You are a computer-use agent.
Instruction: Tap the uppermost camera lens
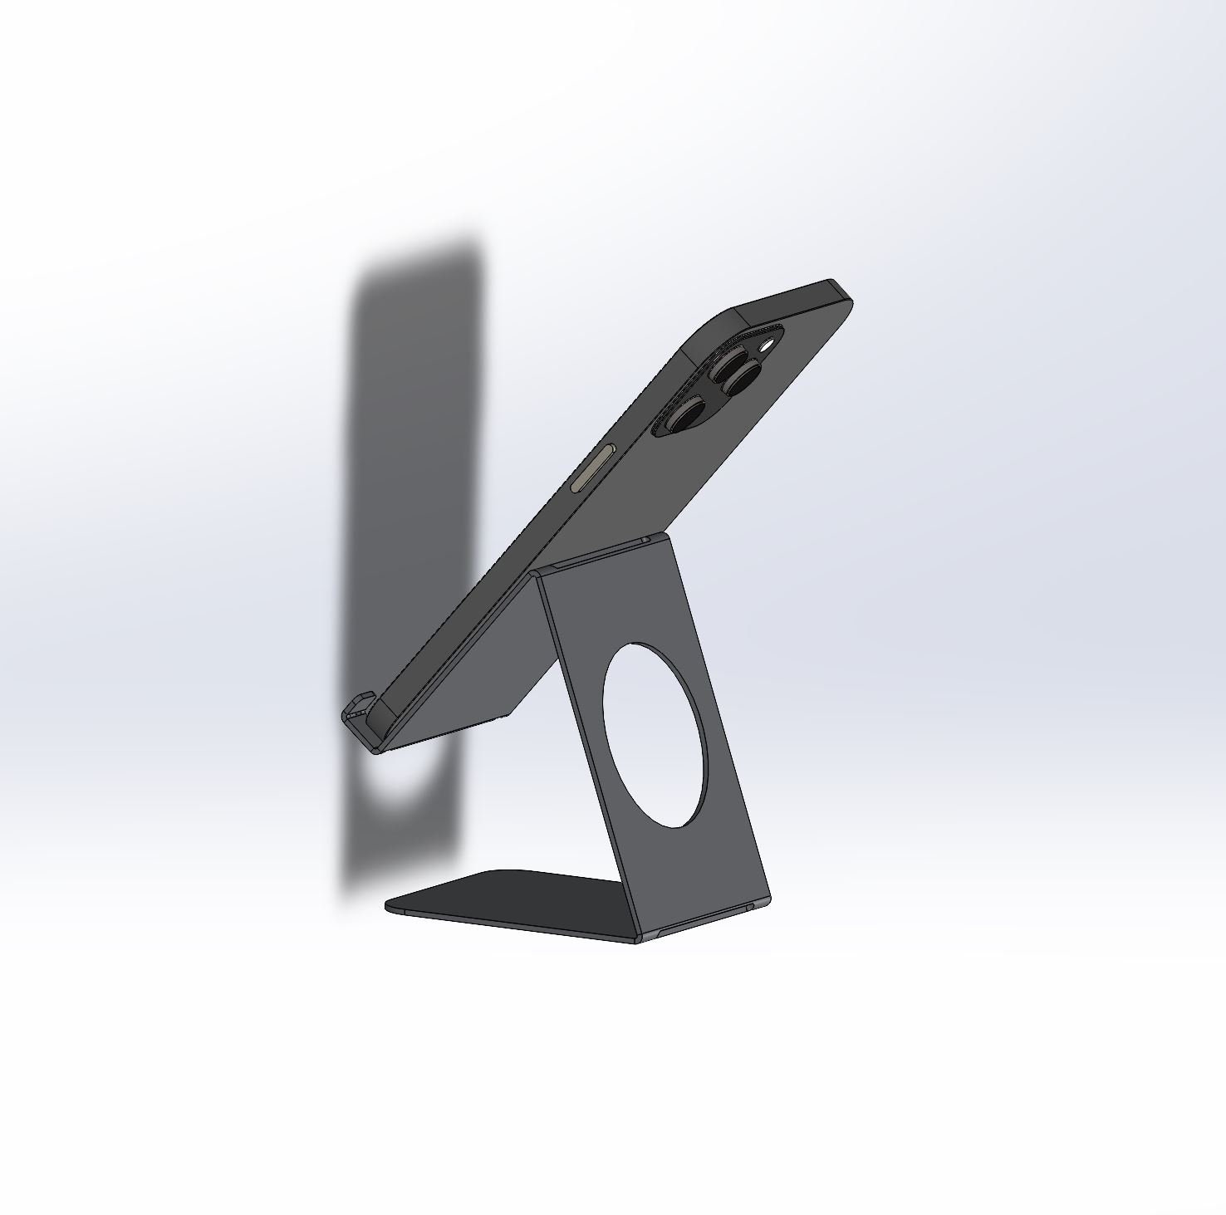(x=732, y=362)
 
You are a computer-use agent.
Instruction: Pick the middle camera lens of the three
(x=740, y=380)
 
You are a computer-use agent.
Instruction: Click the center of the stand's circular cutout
(x=657, y=734)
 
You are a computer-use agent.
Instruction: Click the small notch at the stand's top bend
(x=645, y=541)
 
